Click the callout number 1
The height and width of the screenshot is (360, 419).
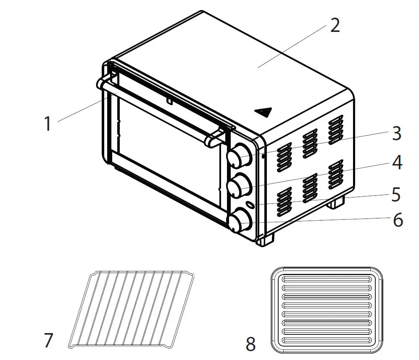[48, 124]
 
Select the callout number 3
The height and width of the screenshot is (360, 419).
[396, 133]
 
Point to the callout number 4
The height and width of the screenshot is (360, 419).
[397, 163]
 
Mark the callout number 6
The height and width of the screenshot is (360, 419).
[397, 220]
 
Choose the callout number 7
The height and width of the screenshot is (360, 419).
[49, 340]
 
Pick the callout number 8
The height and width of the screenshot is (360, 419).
[251, 345]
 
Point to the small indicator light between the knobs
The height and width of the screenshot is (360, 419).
[250, 205]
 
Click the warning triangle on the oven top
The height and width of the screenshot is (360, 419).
[263, 112]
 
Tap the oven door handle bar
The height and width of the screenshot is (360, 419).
[160, 109]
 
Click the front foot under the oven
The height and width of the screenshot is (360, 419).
[265, 240]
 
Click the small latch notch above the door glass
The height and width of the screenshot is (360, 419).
[169, 101]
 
